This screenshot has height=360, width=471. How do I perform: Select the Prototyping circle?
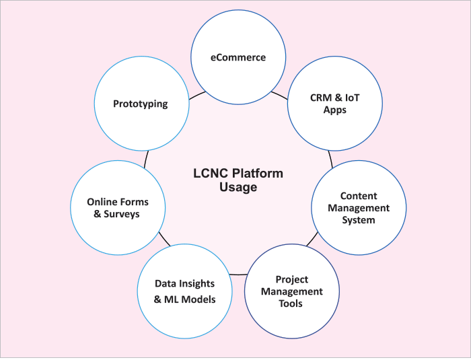(x=141, y=104)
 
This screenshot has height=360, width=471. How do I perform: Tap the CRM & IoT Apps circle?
(x=335, y=104)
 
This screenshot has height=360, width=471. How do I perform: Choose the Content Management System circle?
(x=358, y=208)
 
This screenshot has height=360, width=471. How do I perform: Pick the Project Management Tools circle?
(x=291, y=291)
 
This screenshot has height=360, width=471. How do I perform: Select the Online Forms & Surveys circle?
(x=118, y=208)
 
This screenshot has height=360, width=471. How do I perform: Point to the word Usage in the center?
(x=238, y=188)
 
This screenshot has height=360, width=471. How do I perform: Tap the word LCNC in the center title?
(x=206, y=173)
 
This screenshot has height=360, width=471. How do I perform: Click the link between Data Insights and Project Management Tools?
(x=238, y=275)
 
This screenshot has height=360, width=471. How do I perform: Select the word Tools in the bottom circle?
(x=291, y=303)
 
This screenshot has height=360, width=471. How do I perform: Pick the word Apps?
(x=334, y=110)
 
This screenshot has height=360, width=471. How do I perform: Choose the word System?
(x=358, y=220)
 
